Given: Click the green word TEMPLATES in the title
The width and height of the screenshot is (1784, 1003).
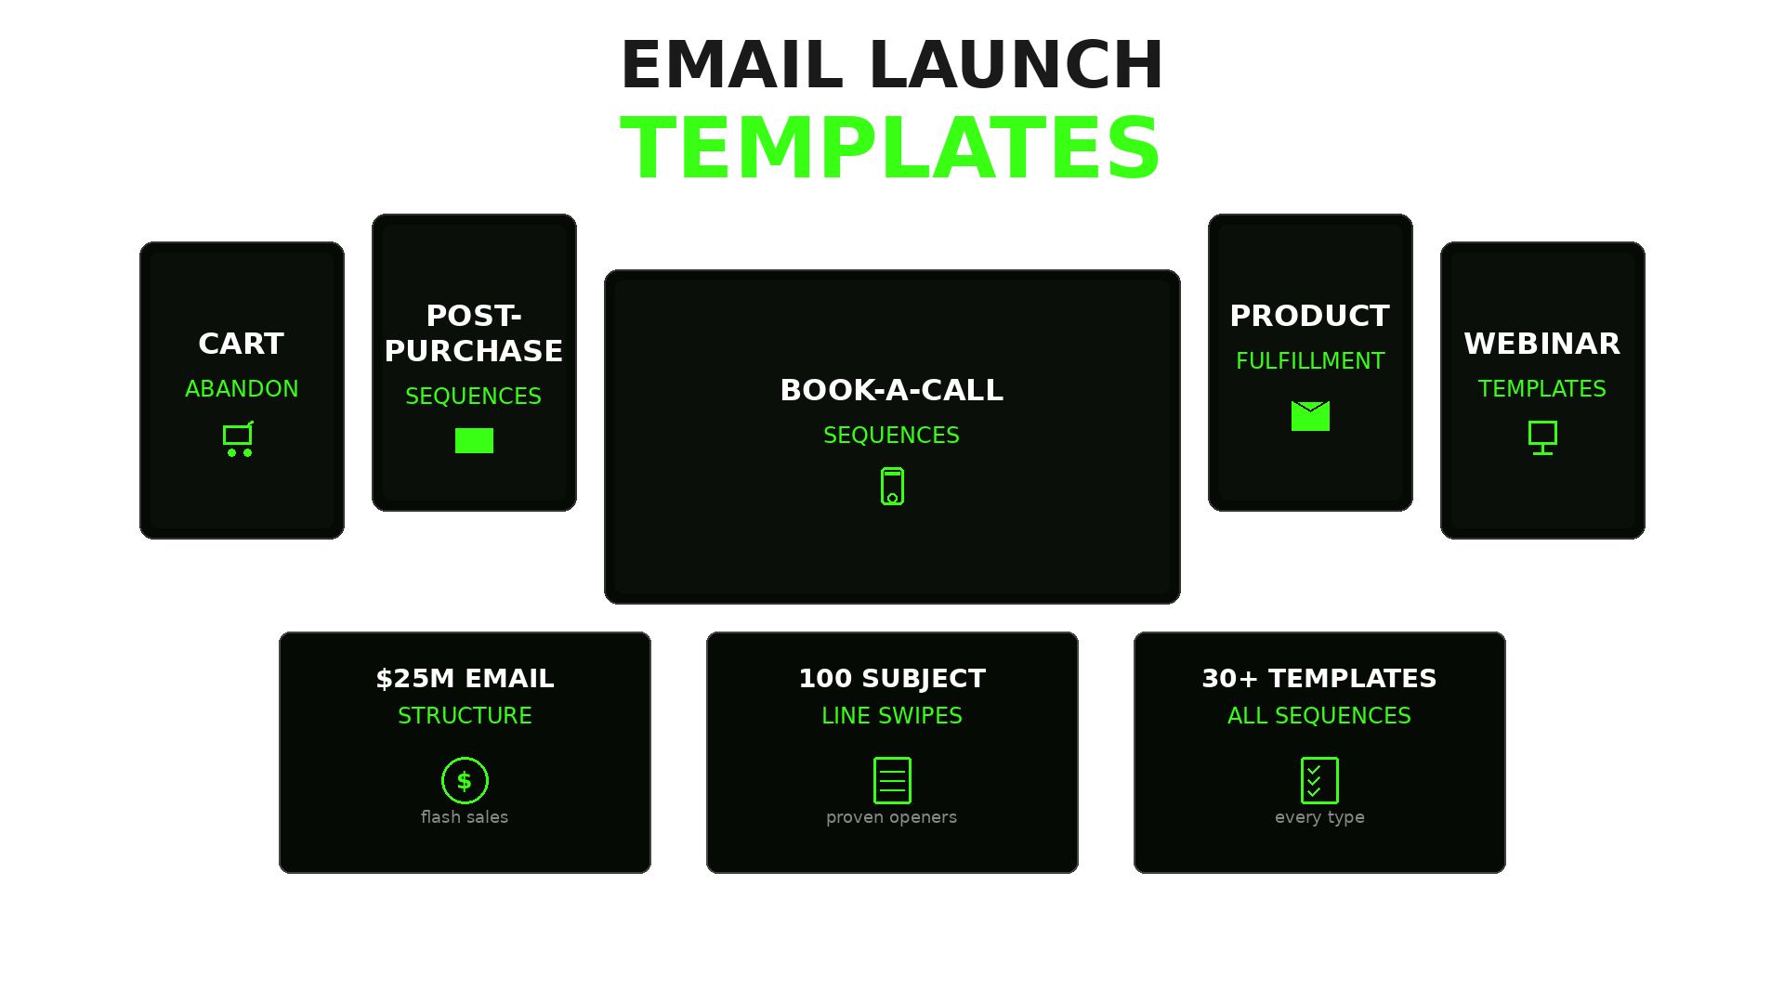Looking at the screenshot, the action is pyautogui.click(x=890, y=149).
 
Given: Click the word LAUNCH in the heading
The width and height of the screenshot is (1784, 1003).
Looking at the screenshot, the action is pyautogui.click(x=1017, y=65).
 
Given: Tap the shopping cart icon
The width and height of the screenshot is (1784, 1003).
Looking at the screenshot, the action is pyautogui.click(x=239, y=438).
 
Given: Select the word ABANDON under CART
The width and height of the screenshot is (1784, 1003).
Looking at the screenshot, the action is pyautogui.click(x=242, y=389).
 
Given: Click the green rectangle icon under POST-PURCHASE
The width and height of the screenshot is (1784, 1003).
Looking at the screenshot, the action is pyautogui.click(x=474, y=440).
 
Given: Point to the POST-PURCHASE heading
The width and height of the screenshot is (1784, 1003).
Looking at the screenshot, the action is pyautogui.click(x=474, y=333).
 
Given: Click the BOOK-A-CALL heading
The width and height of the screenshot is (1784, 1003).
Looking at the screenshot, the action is pyautogui.click(x=892, y=390).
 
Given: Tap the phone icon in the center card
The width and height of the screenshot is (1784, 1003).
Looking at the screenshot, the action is pyautogui.click(x=892, y=486).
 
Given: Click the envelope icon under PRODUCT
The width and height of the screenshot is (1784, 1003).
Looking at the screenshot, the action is pyautogui.click(x=1310, y=416).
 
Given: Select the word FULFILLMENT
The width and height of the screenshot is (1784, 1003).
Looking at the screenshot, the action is pyautogui.click(x=1310, y=361).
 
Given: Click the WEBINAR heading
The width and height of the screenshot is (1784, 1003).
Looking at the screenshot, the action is pyautogui.click(x=1542, y=344).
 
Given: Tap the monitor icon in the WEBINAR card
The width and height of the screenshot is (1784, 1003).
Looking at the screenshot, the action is pyautogui.click(x=1542, y=437).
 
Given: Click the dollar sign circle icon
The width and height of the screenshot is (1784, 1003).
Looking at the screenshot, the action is pyautogui.click(x=465, y=780).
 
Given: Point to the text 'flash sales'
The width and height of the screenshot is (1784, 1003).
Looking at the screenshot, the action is pyautogui.click(x=465, y=817).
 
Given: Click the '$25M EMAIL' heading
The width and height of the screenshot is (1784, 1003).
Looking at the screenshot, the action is pyautogui.click(x=465, y=679).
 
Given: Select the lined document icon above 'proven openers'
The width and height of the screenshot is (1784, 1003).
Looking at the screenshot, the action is pyautogui.click(x=892, y=780).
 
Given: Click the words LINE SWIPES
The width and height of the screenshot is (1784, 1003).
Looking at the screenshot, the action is pyautogui.click(x=892, y=716).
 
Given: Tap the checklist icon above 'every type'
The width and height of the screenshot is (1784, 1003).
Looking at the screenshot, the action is pyautogui.click(x=1319, y=780).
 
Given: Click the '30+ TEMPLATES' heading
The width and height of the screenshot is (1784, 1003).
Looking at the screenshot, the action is pyautogui.click(x=1319, y=679).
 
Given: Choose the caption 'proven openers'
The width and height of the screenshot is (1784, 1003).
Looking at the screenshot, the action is pyautogui.click(x=892, y=817).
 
